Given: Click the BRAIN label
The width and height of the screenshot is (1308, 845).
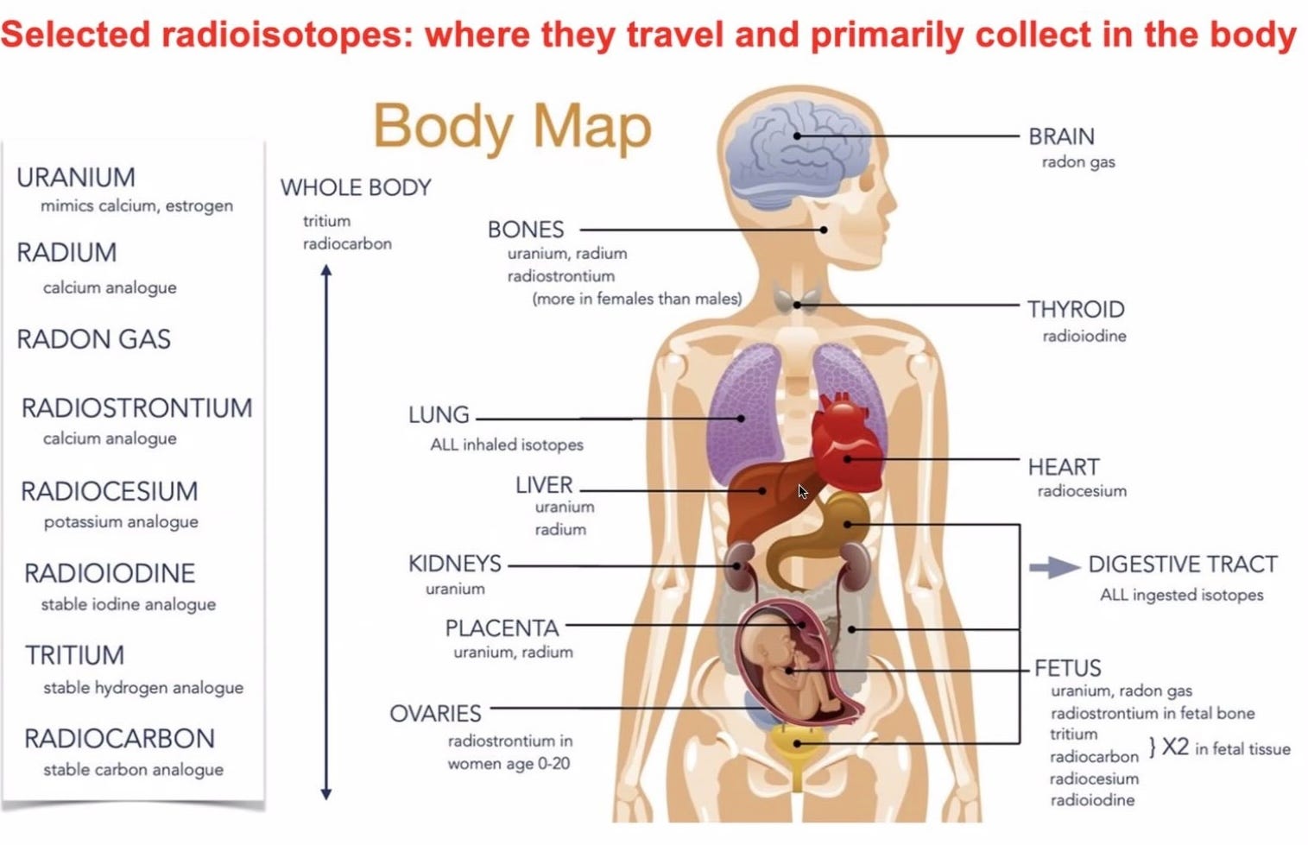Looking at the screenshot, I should click(x=1061, y=136).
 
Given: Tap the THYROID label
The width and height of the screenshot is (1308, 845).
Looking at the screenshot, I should click(x=1076, y=309).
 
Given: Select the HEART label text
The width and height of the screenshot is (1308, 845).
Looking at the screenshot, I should click(x=1064, y=467).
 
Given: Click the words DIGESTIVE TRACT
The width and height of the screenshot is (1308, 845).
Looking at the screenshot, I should click(x=1182, y=564).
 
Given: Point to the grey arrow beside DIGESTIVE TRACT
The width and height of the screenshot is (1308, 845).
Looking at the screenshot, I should click(x=1054, y=567).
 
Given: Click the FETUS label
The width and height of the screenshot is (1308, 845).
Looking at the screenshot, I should click(x=1068, y=668).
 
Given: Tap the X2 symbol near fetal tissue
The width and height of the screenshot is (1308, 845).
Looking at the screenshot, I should click(x=1175, y=747).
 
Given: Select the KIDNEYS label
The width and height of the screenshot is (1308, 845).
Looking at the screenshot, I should click(x=455, y=564).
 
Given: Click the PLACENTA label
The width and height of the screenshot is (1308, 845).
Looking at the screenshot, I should click(x=502, y=628).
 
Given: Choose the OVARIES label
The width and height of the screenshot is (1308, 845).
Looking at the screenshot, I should click(x=435, y=714).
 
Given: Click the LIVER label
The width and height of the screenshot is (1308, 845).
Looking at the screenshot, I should click(x=544, y=485).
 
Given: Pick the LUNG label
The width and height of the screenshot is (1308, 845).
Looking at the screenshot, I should click(x=439, y=415).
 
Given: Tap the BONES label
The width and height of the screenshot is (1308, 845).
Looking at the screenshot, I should click(x=526, y=230).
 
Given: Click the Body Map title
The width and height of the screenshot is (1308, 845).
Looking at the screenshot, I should click(x=512, y=127).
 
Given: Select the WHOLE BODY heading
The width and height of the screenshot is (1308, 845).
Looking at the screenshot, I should click(x=356, y=187).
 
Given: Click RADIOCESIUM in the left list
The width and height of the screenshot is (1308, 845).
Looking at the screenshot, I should click(x=110, y=491).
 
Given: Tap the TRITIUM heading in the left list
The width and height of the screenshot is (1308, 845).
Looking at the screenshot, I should click(x=74, y=655).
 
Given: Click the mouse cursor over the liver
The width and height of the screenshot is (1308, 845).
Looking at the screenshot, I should click(x=802, y=491).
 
